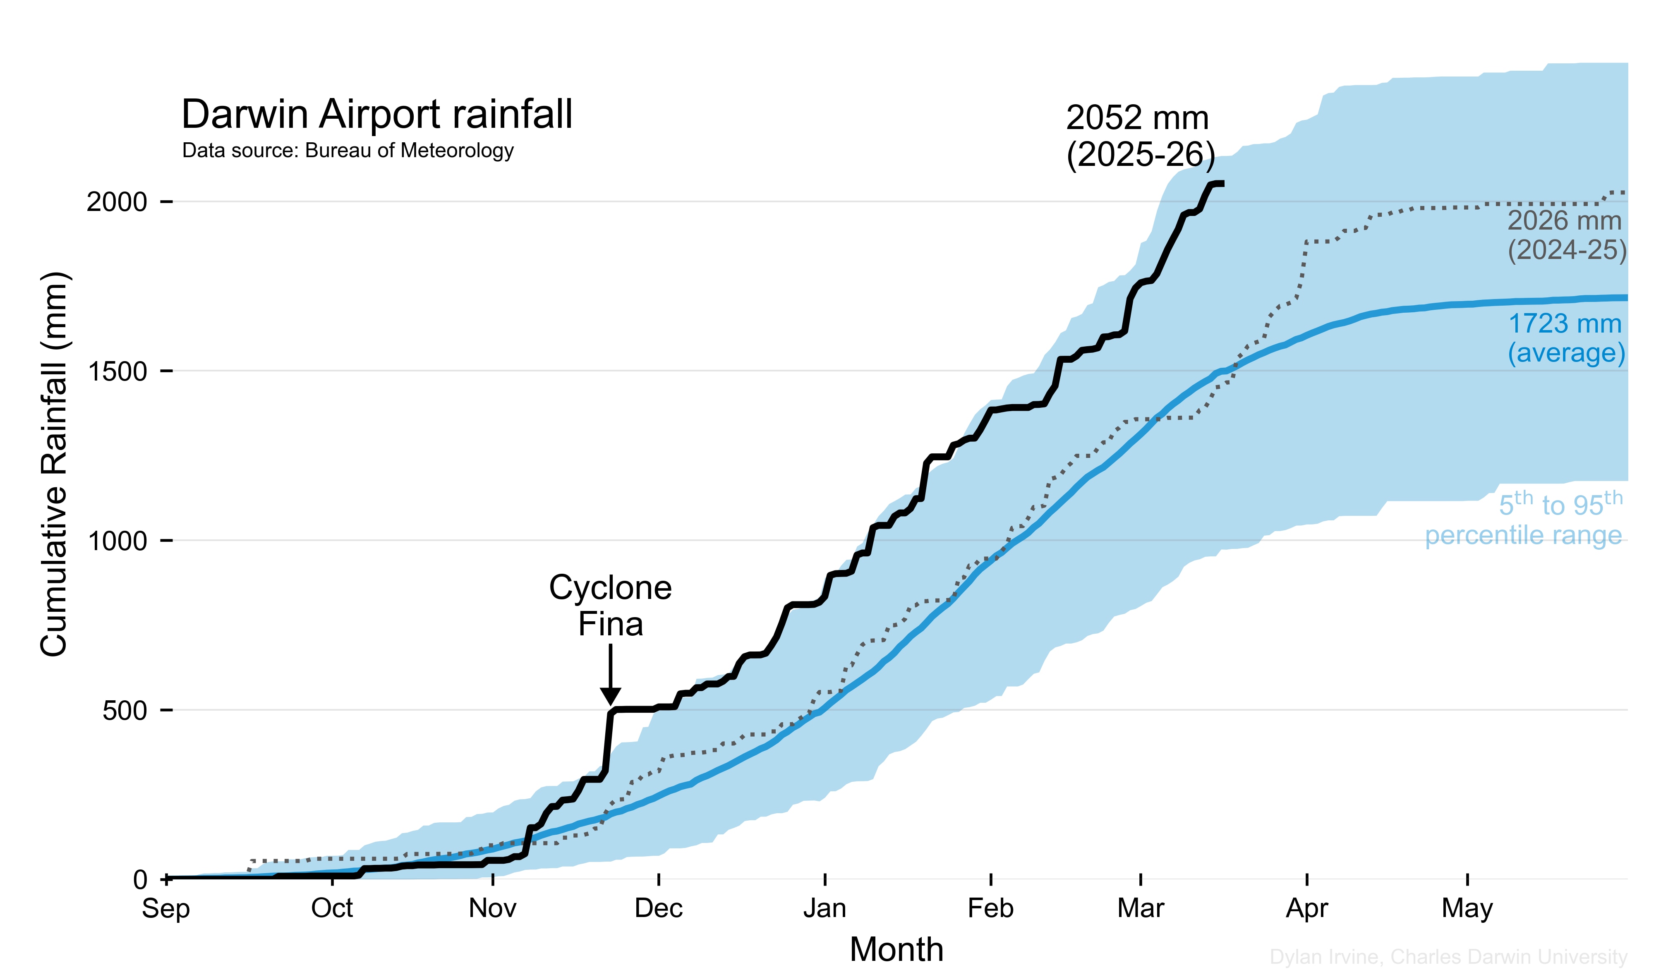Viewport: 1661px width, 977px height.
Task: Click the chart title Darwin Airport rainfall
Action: coord(376,115)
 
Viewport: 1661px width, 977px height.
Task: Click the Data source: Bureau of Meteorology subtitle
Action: coord(348,151)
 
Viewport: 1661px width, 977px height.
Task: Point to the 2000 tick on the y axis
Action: coord(117,201)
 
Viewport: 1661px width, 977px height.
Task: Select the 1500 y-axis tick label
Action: coord(117,371)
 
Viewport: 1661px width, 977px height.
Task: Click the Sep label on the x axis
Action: coord(165,908)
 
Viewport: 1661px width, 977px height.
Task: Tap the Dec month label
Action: coord(658,908)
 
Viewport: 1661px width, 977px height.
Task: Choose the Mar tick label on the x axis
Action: coord(1140,908)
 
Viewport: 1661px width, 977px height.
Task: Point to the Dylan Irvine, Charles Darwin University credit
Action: coord(1448,957)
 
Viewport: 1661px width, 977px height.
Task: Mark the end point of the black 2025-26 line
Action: coord(1222,184)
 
